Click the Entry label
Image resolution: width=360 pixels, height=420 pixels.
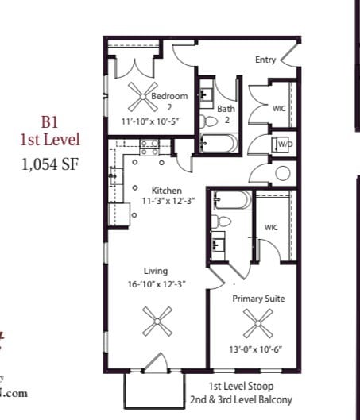265,60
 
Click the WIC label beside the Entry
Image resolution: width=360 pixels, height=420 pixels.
278,108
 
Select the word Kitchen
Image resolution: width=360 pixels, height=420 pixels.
168,191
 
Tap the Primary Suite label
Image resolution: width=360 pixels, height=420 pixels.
258,299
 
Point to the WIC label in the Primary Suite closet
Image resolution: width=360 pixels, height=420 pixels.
270,228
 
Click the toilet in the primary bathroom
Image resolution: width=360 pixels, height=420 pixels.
223,220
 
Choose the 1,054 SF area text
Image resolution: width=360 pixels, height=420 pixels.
50,165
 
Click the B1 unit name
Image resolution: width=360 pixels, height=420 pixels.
50,123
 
